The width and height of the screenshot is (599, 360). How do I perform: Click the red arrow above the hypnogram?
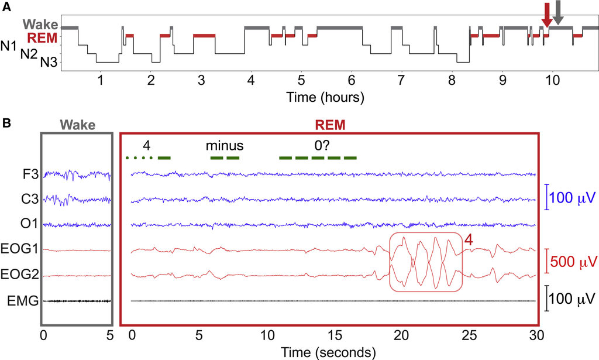(x=547, y=15)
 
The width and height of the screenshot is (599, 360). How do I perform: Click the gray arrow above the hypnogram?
(x=558, y=13)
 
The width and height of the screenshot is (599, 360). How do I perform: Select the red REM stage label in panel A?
(x=42, y=38)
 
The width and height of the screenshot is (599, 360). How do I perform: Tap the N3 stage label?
(x=49, y=62)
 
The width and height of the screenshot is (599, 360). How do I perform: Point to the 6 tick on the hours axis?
(x=352, y=80)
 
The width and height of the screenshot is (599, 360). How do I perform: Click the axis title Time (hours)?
(x=325, y=97)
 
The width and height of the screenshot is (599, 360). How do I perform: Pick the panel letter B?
(x=6, y=123)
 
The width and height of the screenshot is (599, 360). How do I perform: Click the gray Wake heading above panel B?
(x=78, y=125)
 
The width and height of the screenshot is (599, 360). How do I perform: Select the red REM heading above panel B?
(x=330, y=125)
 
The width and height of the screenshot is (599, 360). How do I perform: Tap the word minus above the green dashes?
(x=225, y=146)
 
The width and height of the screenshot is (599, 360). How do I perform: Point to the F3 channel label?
(x=30, y=174)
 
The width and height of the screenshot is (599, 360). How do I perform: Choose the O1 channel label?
(x=29, y=224)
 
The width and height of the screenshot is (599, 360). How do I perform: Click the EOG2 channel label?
(x=20, y=274)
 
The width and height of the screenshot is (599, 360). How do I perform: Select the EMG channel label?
(x=23, y=301)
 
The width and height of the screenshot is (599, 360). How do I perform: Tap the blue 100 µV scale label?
(x=572, y=198)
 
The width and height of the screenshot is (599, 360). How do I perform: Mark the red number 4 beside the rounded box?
(x=469, y=240)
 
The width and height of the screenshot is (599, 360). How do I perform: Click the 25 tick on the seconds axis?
(x=469, y=335)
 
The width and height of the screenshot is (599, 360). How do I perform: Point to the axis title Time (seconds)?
(x=328, y=352)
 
